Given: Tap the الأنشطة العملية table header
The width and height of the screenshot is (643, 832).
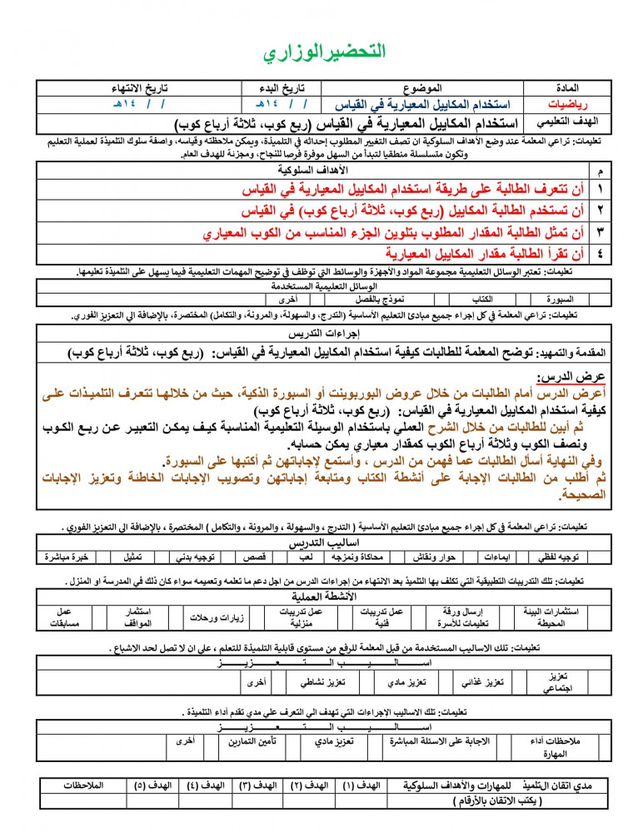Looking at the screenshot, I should point(325,597).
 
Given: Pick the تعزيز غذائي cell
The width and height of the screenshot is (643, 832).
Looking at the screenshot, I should point(483,682).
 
